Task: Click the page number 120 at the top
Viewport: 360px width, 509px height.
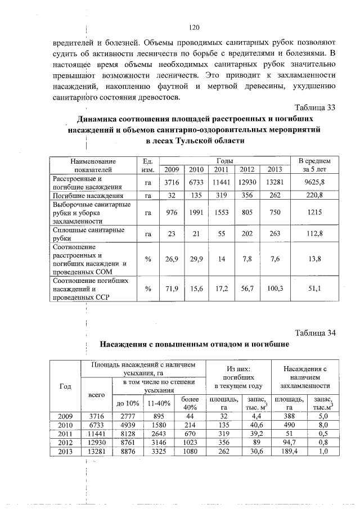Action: click(x=195, y=27)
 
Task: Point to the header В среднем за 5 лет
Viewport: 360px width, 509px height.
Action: click(x=314, y=165)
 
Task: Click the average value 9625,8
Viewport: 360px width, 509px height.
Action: click(x=314, y=182)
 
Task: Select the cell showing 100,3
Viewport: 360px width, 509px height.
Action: click(x=275, y=289)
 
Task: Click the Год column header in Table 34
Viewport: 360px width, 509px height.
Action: click(x=65, y=386)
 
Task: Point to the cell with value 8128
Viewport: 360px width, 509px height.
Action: click(x=128, y=434)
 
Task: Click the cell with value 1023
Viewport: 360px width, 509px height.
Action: click(x=189, y=443)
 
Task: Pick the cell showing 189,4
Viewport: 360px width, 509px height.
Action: click(x=290, y=452)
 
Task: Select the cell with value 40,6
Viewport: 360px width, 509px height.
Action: click(x=253, y=425)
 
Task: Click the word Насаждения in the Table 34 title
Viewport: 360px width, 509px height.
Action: click(x=129, y=344)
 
